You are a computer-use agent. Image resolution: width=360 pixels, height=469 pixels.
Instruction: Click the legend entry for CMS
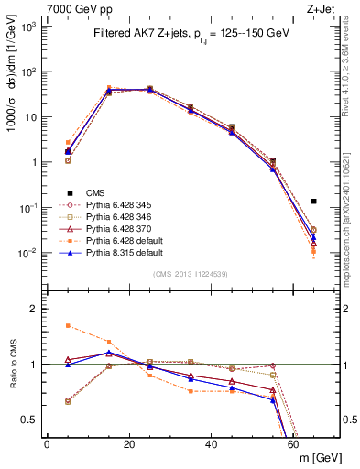(96, 192)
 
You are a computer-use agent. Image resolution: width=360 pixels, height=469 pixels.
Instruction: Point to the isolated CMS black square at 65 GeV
(313, 201)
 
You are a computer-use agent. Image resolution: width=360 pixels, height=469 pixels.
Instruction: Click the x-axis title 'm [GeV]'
(318, 458)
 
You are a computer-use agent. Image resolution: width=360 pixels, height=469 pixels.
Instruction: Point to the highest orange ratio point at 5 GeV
(68, 325)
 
